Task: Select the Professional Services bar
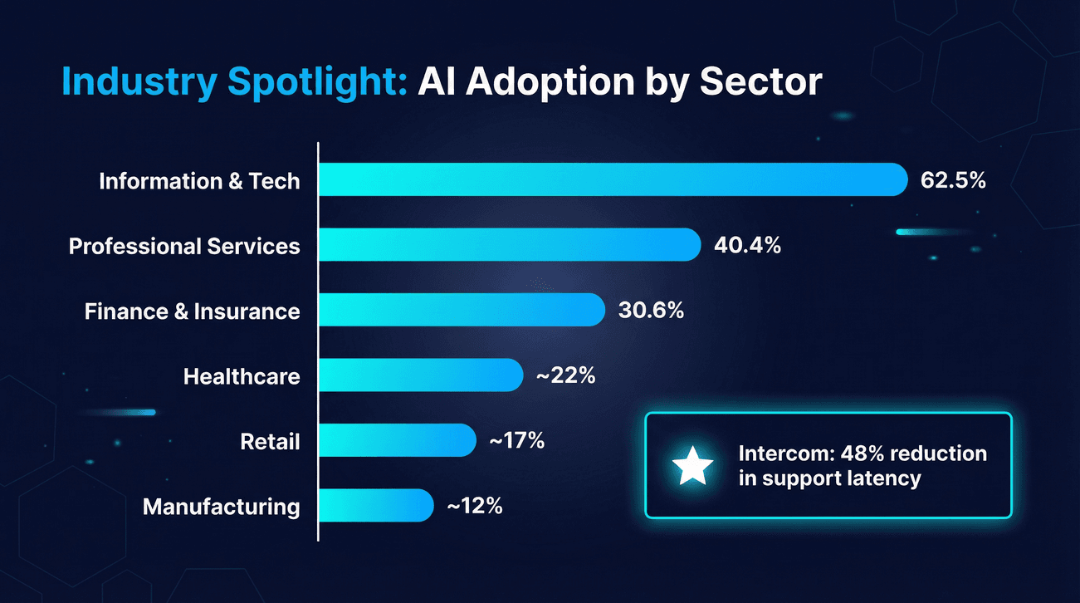pyautogui.click(x=510, y=244)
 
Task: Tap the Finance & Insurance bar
pyautogui.click(x=462, y=310)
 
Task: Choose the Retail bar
pyautogui.click(x=397, y=440)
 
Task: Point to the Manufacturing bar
pyautogui.click(x=376, y=505)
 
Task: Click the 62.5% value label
pyautogui.click(x=953, y=179)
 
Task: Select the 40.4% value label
pyautogui.click(x=748, y=245)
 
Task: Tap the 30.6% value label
pyautogui.click(x=651, y=311)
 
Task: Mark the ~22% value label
pyautogui.click(x=565, y=375)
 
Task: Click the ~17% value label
pyautogui.click(x=516, y=441)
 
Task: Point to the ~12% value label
pyautogui.click(x=474, y=506)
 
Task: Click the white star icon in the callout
pyautogui.click(x=692, y=467)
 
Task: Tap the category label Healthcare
pyautogui.click(x=242, y=376)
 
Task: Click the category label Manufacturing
pyautogui.click(x=221, y=506)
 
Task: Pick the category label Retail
pyautogui.click(x=270, y=441)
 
